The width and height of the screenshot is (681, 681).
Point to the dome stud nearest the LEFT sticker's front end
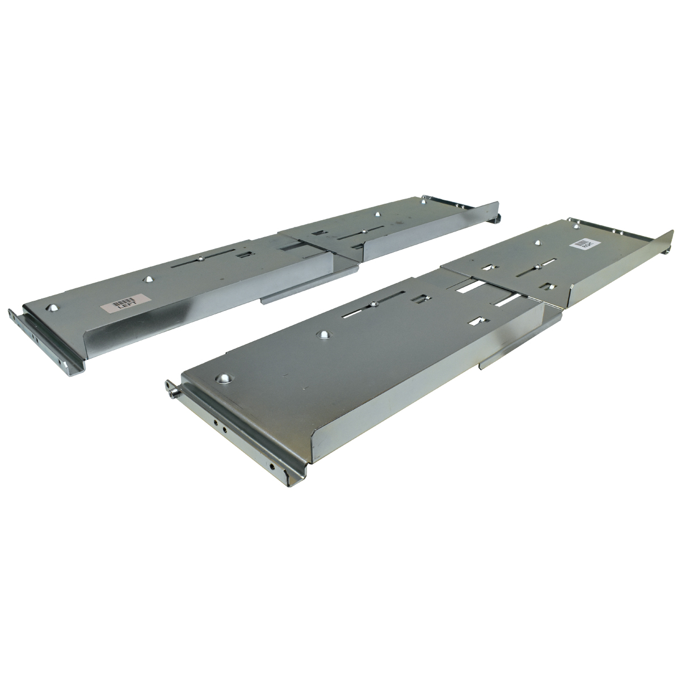click(x=53, y=307)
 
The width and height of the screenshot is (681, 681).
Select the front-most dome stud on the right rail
click(x=225, y=378)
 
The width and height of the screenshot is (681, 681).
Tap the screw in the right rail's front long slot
click(x=374, y=305)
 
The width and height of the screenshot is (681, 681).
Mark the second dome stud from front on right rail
click(x=323, y=333)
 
